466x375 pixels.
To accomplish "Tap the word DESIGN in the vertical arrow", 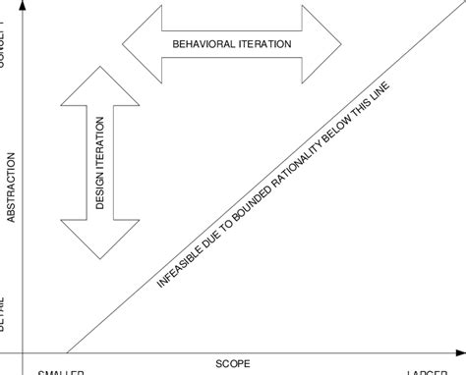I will point(100,191).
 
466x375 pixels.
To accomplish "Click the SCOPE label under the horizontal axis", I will point(233,363).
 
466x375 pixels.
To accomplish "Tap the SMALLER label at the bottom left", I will point(61,373).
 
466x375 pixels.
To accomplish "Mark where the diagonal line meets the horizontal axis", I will point(66,350).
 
